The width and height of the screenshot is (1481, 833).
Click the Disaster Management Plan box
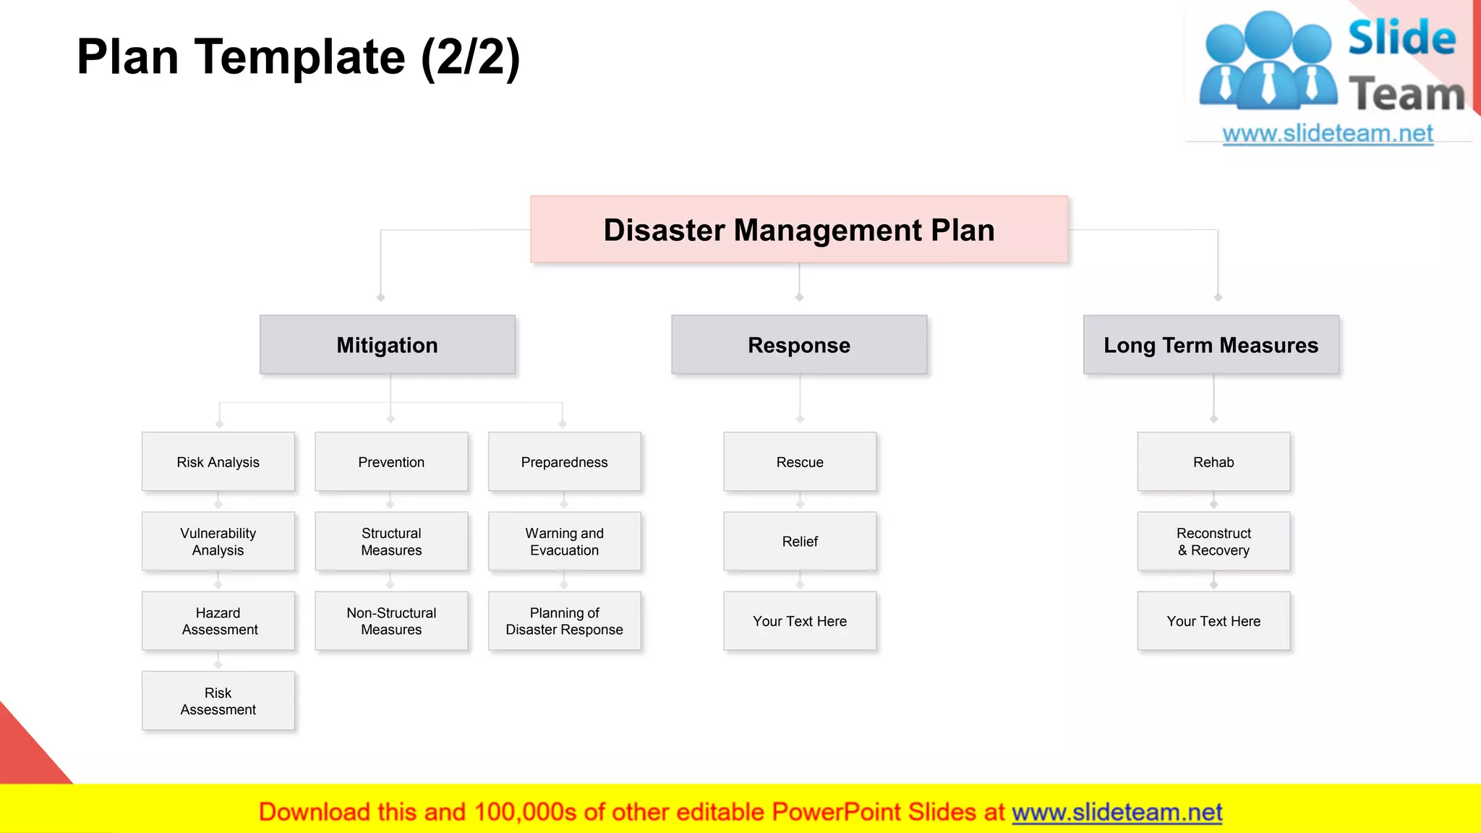[x=799, y=230]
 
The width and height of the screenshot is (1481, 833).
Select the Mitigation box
[x=388, y=345]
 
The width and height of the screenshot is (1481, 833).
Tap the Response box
[x=799, y=345]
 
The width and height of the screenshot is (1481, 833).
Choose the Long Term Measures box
[x=1211, y=345]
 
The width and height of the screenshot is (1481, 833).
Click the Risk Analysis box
[x=218, y=462]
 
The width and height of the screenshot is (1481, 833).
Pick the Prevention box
[x=391, y=462]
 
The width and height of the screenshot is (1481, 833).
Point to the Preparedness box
[x=565, y=462]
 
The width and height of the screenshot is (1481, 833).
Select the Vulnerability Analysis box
[x=218, y=542]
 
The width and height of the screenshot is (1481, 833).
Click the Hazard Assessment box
[x=218, y=621]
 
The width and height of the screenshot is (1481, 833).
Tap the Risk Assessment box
[x=218, y=701]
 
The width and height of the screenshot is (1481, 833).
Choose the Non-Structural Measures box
[x=391, y=621]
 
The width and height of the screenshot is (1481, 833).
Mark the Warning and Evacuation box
[x=565, y=542]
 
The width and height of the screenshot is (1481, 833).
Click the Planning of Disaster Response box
[x=565, y=621]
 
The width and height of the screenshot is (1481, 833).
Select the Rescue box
[x=800, y=462]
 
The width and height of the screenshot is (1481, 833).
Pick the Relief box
[x=800, y=542]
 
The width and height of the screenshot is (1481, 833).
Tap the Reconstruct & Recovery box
[x=1213, y=542]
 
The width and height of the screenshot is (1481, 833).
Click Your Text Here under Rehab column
[x=1213, y=621]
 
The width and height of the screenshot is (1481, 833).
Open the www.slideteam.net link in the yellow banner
[x=1117, y=812]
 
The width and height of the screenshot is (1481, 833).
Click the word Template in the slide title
[x=300, y=57]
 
